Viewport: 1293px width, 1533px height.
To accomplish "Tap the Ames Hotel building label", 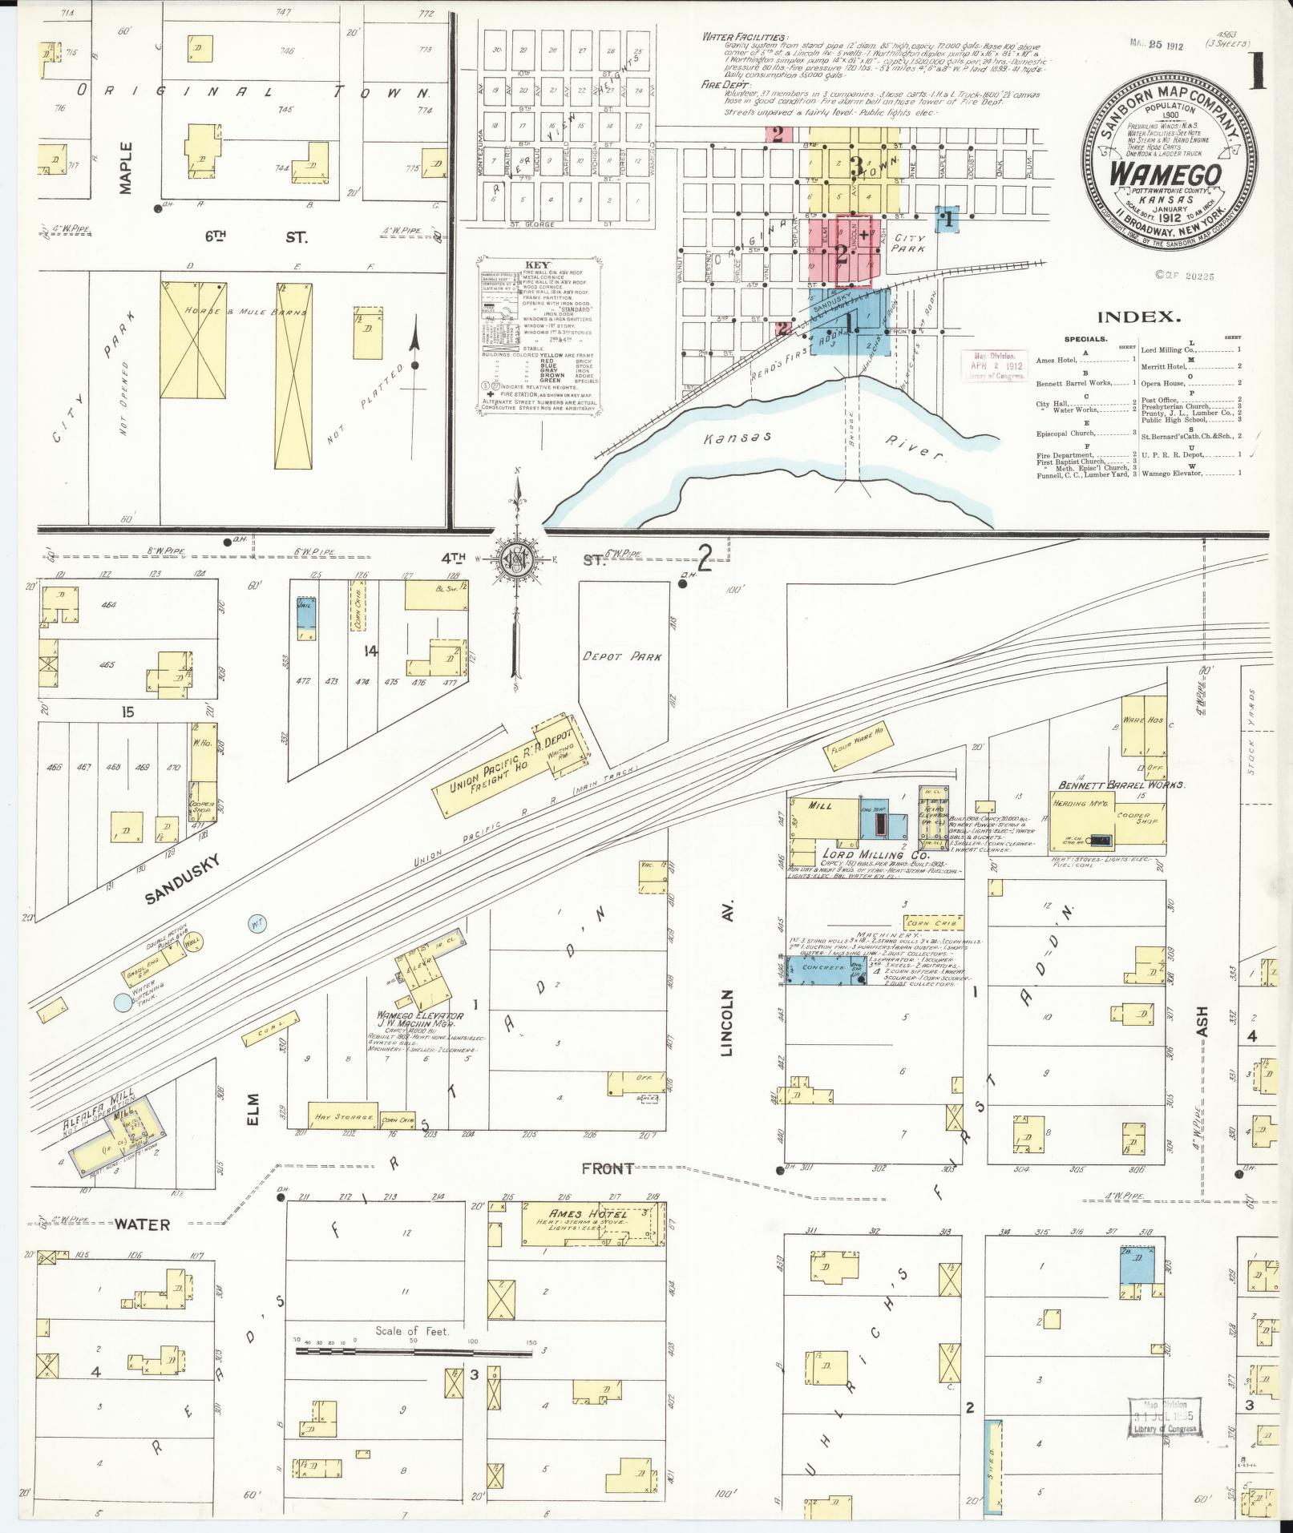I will (576, 1214).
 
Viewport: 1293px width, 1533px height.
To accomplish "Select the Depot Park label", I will (623, 656).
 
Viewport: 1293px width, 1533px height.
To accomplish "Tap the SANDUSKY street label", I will (183, 879).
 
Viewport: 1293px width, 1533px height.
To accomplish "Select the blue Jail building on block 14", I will (305, 617).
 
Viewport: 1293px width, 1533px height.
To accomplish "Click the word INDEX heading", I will (1138, 317).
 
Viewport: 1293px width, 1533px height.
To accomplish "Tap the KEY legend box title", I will (538, 264).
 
